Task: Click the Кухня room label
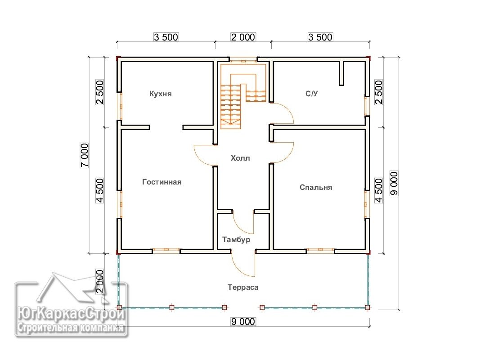pyautogui.click(x=161, y=94)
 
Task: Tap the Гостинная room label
pyautogui.click(x=162, y=182)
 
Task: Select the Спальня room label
pyautogui.click(x=316, y=187)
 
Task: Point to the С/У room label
pyautogui.click(x=312, y=94)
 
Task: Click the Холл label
pyautogui.click(x=240, y=158)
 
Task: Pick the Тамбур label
pyautogui.click(x=236, y=239)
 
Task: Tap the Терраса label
pyautogui.click(x=243, y=288)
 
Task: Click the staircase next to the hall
pyautogui.click(x=243, y=97)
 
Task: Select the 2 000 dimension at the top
pyautogui.click(x=243, y=37)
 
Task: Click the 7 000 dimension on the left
pyautogui.click(x=84, y=155)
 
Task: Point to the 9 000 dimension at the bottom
pyautogui.click(x=243, y=322)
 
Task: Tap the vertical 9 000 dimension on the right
pyautogui.click(x=394, y=183)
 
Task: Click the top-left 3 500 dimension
pyautogui.click(x=166, y=37)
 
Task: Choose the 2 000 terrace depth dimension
pyautogui.click(x=100, y=281)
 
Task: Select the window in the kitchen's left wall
pyautogui.click(x=121, y=106)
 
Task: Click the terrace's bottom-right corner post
pyautogui.click(x=368, y=308)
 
